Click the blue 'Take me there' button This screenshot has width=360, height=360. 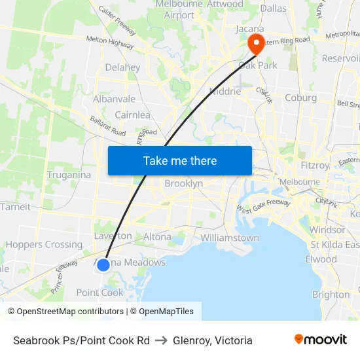(x=179, y=160)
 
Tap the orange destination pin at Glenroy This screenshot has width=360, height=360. (x=255, y=45)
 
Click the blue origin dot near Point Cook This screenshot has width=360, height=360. (x=103, y=264)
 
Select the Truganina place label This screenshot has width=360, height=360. (x=69, y=175)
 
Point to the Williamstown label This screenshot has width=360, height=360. (x=230, y=238)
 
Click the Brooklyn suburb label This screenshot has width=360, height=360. (x=183, y=184)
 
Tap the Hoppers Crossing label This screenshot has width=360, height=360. (x=45, y=245)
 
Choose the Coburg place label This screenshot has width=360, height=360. (x=300, y=98)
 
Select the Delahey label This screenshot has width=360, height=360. (x=122, y=67)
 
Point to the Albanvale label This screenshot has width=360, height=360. (x=114, y=99)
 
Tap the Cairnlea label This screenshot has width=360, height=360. (x=132, y=115)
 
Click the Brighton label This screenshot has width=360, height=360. (x=331, y=295)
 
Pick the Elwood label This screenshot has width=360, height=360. (x=321, y=259)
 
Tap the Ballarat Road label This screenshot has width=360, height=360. (x=109, y=127)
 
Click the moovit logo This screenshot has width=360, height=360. (x=320, y=340)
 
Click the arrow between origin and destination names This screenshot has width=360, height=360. (x=161, y=340)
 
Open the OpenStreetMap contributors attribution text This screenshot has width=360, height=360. (x=69, y=312)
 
